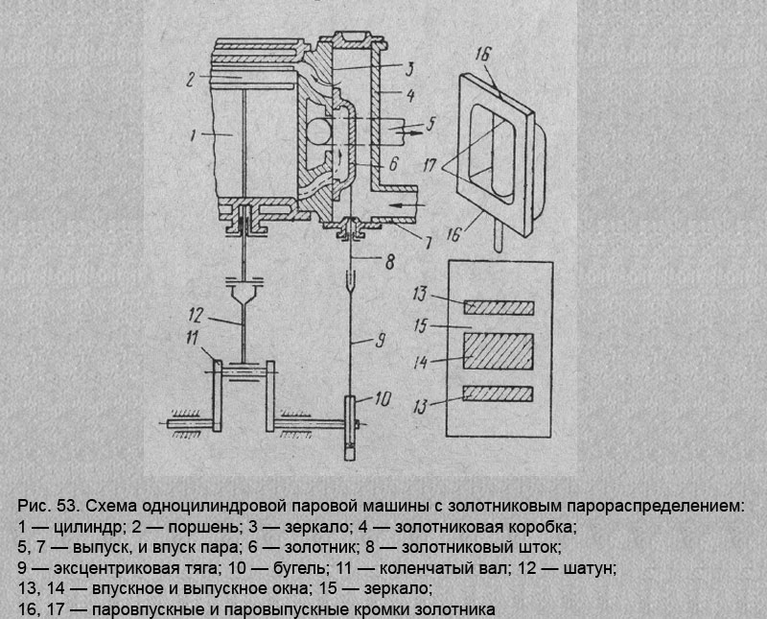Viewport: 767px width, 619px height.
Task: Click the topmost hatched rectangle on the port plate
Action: [499, 306]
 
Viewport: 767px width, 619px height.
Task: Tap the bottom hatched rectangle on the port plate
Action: [499, 393]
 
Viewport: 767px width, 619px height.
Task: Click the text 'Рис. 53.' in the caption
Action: [46, 506]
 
